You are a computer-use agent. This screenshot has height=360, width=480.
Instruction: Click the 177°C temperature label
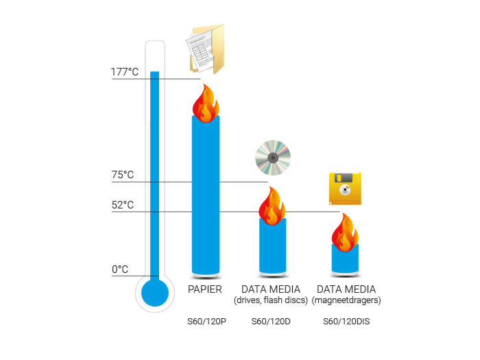click(125, 72)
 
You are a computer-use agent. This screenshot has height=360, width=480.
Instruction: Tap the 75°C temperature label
click(123, 175)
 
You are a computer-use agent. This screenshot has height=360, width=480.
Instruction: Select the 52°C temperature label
click(123, 205)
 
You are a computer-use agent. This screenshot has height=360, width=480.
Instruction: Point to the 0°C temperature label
click(120, 269)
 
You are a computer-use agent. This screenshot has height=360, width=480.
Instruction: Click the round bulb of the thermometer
click(155, 293)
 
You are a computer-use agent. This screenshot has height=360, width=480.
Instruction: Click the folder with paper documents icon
click(206, 49)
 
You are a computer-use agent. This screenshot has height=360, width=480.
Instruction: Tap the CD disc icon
click(273, 158)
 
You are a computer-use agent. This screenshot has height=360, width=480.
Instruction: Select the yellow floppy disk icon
click(345, 189)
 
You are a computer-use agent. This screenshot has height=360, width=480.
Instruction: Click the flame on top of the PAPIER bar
click(206, 104)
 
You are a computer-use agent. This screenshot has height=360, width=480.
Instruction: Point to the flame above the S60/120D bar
click(272, 206)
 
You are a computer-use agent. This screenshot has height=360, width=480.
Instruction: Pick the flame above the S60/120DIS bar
click(345, 232)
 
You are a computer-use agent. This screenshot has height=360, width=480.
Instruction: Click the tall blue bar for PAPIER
click(206, 196)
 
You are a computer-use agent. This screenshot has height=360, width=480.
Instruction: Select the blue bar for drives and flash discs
click(272, 245)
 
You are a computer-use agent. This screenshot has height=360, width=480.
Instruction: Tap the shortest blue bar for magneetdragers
click(345, 259)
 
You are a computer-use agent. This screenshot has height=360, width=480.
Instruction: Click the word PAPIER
click(205, 289)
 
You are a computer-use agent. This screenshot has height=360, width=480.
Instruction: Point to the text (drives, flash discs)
click(271, 300)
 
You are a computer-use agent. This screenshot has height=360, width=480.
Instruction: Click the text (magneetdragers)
click(346, 300)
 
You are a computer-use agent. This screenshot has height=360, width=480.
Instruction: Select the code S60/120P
click(206, 322)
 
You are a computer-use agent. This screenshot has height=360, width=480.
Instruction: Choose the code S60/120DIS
click(346, 322)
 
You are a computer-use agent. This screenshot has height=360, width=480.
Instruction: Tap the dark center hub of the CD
click(273, 158)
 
